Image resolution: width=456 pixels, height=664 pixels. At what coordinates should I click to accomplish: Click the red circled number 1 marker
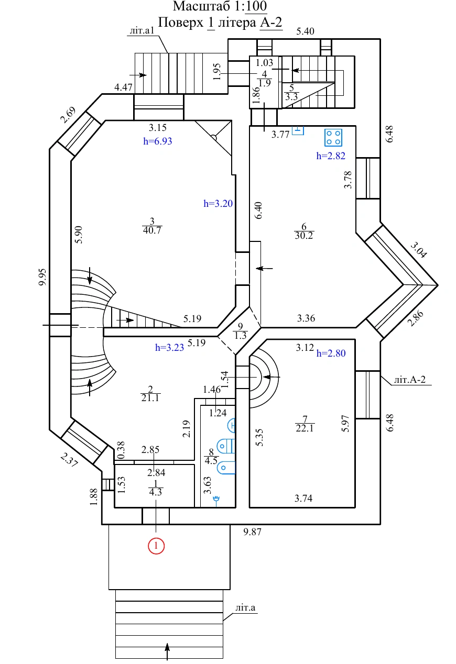click(156, 546)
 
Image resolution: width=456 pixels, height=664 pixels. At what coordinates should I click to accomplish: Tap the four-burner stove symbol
click(333, 138)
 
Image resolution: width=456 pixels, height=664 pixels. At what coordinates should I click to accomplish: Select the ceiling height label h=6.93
click(158, 141)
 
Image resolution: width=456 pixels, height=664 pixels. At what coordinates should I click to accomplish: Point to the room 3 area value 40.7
click(152, 230)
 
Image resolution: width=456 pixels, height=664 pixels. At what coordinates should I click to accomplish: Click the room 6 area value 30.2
click(304, 236)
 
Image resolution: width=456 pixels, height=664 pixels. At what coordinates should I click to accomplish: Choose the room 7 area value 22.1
click(305, 428)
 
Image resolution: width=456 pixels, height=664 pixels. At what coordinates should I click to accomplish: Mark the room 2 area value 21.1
click(150, 398)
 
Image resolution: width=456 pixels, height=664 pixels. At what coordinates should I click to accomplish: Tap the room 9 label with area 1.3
click(240, 331)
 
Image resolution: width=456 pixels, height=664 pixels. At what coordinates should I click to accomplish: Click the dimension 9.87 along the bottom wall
click(253, 532)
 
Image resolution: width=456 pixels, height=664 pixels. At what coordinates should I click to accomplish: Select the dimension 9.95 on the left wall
click(43, 277)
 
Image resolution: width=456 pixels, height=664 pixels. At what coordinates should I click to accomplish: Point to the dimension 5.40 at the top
click(305, 31)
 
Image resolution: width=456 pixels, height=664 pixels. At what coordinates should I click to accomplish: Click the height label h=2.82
click(331, 156)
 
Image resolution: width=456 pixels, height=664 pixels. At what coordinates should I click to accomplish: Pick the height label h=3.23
click(169, 347)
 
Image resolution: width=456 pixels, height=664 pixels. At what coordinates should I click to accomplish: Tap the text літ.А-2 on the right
click(410, 380)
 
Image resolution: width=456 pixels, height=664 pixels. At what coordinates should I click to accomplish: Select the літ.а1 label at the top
click(142, 30)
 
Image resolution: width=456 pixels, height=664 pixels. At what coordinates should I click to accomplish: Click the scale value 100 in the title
click(256, 6)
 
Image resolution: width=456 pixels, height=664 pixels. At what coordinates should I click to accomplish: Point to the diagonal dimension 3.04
click(419, 250)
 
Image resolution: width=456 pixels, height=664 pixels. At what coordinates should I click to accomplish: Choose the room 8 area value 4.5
click(211, 461)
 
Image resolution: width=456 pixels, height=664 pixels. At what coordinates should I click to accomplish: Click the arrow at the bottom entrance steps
click(167, 651)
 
